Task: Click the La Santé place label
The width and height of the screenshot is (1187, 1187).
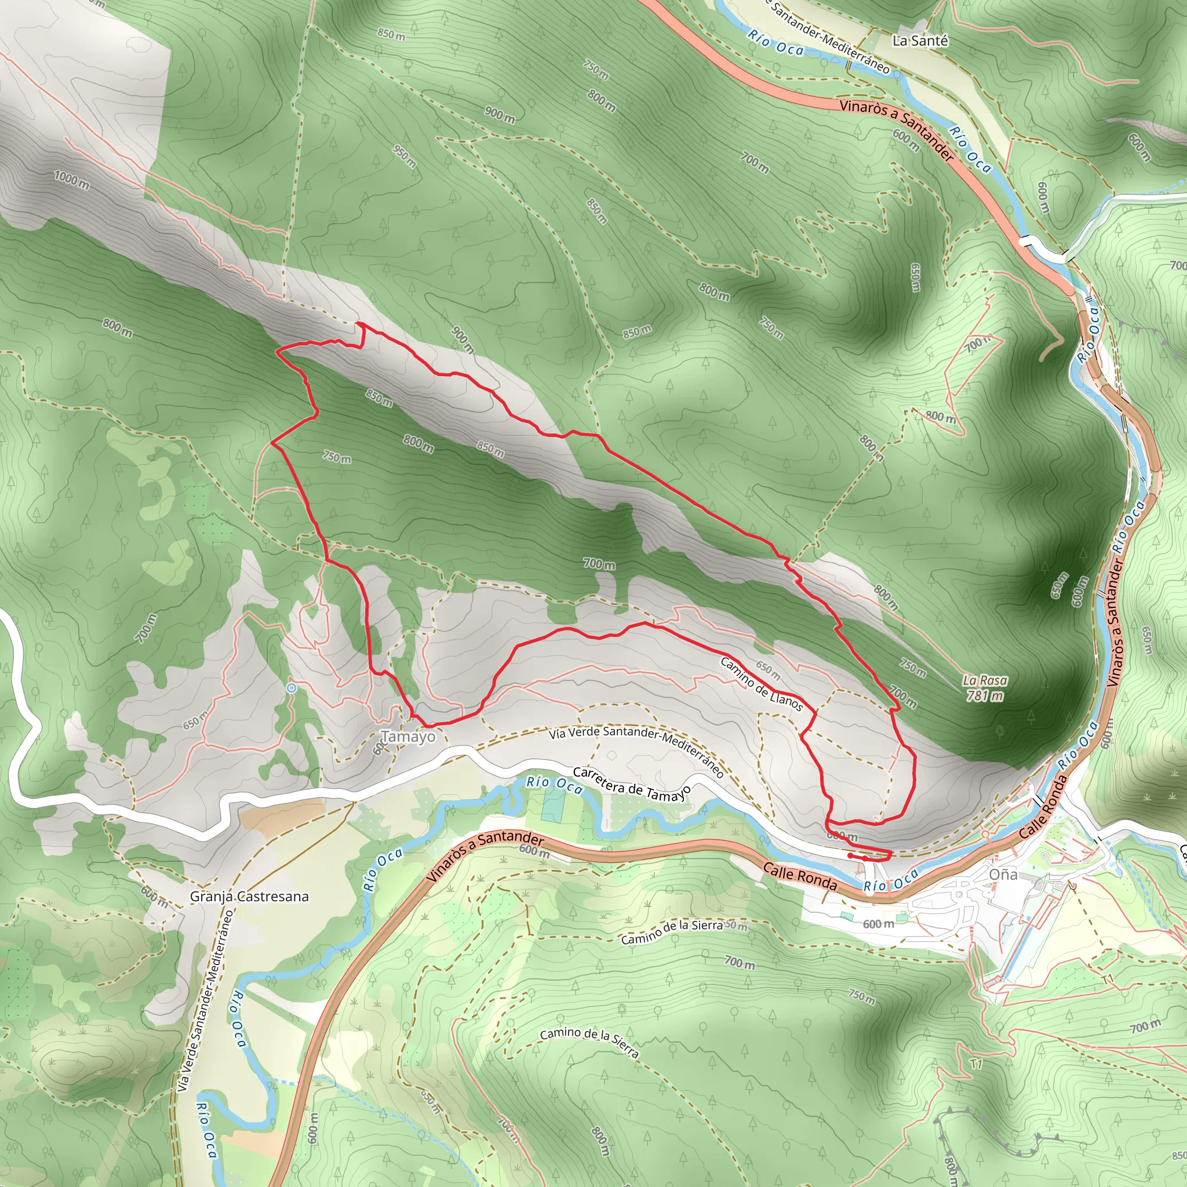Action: pos(920,41)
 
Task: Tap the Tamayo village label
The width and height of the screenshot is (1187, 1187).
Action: pos(408,736)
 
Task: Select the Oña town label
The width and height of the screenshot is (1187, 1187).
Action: pos(1003,874)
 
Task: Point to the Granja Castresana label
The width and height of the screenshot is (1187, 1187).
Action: pos(249,897)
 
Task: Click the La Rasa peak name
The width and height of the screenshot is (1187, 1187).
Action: pos(985,680)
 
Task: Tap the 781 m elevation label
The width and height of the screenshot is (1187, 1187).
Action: pos(985,696)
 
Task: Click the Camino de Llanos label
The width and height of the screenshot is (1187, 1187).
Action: pos(761,684)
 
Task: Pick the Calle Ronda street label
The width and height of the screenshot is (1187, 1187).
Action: pos(799,876)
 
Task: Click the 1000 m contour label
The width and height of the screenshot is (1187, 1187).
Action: pos(71,181)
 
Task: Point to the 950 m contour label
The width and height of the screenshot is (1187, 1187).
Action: pos(405,156)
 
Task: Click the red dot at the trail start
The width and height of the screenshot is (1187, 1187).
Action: pos(850,855)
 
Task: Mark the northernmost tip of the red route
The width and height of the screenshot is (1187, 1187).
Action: pos(358,323)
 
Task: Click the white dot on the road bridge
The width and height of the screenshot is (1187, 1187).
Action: pos(1022,242)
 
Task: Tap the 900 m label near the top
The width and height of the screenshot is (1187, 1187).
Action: pos(500,114)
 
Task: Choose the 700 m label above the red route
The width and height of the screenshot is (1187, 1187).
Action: pos(599,563)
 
